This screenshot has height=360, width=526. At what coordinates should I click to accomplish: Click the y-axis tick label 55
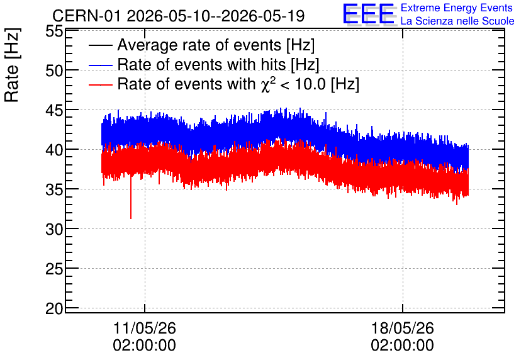pyautogui.click(x=54, y=31)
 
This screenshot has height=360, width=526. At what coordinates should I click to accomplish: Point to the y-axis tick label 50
pyautogui.click(x=54, y=70)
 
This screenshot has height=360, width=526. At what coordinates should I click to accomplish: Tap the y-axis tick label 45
pyautogui.click(x=54, y=110)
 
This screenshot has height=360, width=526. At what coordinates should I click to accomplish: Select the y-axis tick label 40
pyautogui.click(x=54, y=150)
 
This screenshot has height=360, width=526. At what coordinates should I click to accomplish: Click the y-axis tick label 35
pyautogui.click(x=54, y=189)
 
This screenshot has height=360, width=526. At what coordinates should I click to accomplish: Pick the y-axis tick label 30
pyautogui.click(x=54, y=229)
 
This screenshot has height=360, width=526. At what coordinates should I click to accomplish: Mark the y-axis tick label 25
pyautogui.click(x=54, y=269)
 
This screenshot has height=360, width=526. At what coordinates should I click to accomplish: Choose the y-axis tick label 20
pyautogui.click(x=54, y=308)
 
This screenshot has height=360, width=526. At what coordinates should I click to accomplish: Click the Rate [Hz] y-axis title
pyautogui.click(x=12, y=65)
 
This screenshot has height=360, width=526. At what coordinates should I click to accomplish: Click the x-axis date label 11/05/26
pyautogui.click(x=145, y=328)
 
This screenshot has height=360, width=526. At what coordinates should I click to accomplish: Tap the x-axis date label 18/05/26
pyautogui.click(x=403, y=328)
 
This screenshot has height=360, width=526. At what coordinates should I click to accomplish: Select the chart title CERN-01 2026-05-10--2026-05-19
pyautogui.click(x=179, y=16)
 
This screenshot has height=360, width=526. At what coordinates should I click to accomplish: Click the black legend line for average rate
pyautogui.click(x=101, y=45)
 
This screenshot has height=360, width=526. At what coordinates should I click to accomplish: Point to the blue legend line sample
pyautogui.click(x=101, y=65)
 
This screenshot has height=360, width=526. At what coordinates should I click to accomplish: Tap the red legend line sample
pyautogui.click(x=101, y=84)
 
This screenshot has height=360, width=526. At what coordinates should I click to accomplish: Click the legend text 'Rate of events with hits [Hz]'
pyautogui.click(x=218, y=64)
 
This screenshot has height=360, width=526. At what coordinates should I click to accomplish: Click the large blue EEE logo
pyautogui.click(x=369, y=14)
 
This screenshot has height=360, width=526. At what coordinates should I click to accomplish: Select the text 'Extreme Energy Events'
pyautogui.click(x=457, y=8)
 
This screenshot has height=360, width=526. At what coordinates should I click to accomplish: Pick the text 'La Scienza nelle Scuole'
pyautogui.click(x=457, y=21)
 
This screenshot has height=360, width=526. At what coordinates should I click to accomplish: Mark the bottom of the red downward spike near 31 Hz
pyautogui.click(x=131, y=218)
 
